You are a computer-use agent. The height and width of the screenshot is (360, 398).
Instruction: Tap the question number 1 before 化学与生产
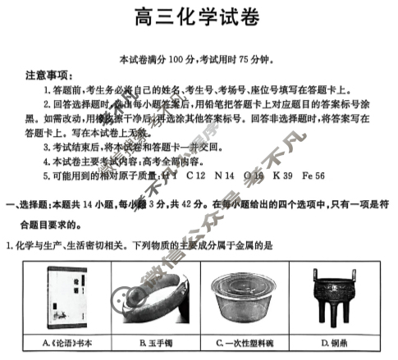pos(8,245)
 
